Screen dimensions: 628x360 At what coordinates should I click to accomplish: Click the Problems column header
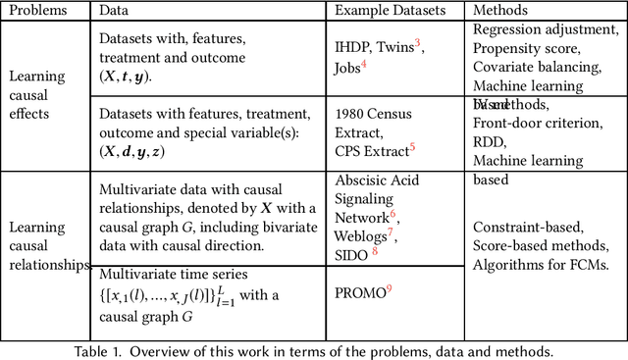[x=40, y=11]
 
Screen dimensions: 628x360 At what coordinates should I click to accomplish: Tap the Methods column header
[x=500, y=11]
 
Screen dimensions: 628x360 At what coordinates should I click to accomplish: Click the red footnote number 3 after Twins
[x=417, y=43]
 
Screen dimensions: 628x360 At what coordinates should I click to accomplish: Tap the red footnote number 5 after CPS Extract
[x=413, y=147]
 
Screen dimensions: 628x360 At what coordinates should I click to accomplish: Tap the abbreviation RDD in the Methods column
[x=488, y=141]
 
